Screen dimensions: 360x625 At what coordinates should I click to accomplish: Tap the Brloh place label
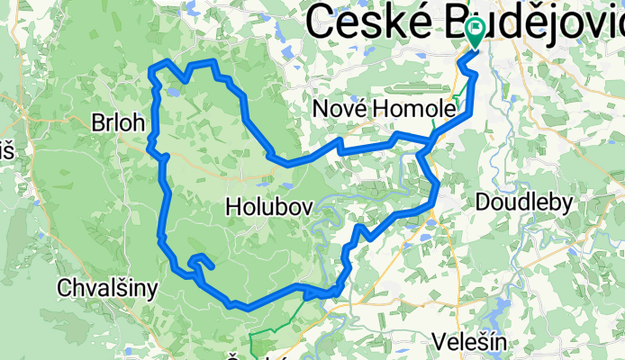click(x=118, y=123)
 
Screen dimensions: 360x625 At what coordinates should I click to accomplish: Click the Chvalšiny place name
click(x=107, y=288)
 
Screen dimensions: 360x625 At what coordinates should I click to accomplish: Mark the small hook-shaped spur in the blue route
click(x=201, y=261)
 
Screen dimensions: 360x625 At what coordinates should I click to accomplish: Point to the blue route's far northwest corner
click(x=151, y=67)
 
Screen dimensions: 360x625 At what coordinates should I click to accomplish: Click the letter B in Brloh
click(x=98, y=123)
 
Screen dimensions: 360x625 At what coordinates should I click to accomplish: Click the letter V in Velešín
click(x=439, y=341)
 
